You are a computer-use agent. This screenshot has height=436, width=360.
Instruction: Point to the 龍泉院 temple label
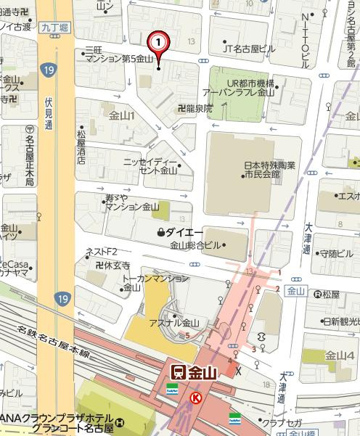click(x=194, y=108)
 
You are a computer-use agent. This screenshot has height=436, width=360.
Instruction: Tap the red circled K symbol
click(x=195, y=398)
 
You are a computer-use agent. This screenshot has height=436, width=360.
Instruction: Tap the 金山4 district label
click(x=339, y=355)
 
